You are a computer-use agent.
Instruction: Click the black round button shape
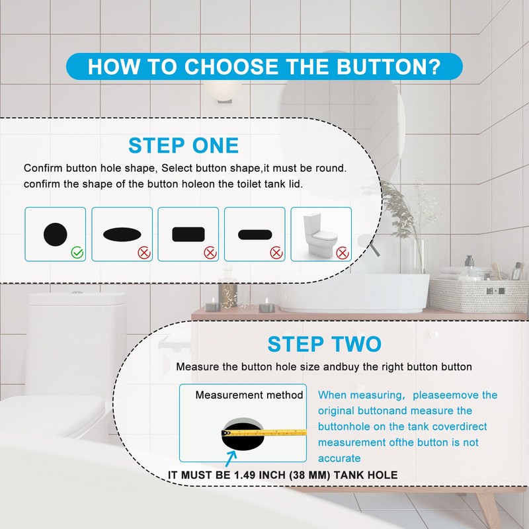[x=55, y=233]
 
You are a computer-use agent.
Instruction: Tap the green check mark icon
[x=77, y=252]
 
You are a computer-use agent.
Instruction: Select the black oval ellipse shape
[x=122, y=235]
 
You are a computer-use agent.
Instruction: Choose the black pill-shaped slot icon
[x=255, y=235]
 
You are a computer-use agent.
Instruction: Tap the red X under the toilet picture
[x=341, y=253]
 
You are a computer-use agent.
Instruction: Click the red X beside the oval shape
[x=143, y=253]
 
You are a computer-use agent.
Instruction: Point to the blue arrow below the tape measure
[x=231, y=457]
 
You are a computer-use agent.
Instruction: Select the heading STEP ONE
[x=183, y=145]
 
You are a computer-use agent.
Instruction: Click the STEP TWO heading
[x=324, y=345]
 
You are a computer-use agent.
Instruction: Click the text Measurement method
[x=249, y=395]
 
